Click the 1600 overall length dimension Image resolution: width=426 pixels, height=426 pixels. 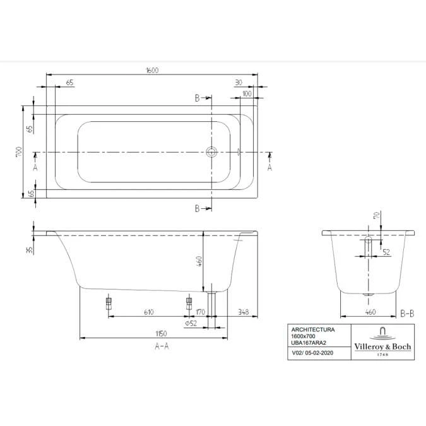click(152, 70)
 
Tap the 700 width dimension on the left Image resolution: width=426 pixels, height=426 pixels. click(19, 153)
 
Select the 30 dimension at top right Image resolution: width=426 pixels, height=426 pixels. click(239, 82)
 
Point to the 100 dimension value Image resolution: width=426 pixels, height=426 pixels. click(247, 94)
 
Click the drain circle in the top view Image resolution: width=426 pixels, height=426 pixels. click(211, 152)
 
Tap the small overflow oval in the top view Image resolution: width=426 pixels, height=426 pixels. click(239, 152)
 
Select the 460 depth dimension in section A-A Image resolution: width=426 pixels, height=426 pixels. click(199, 261)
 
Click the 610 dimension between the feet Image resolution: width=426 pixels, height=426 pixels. click(148, 312)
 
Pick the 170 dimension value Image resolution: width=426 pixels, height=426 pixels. click(201, 312)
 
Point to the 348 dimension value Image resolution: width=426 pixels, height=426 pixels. click(243, 312)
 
